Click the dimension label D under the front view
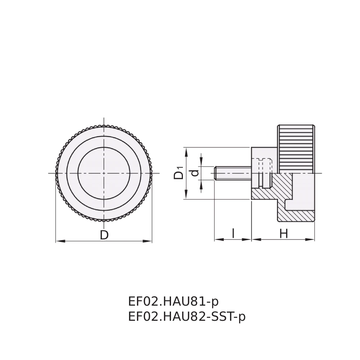coord(104,235)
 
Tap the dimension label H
coord(284,234)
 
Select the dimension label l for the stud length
coord(233,234)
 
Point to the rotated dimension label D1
coord(179,172)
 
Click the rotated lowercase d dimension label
coord(195,173)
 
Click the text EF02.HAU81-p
coord(174,302)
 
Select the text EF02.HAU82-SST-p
coord(187,317)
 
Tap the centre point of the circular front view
coord(104,173)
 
